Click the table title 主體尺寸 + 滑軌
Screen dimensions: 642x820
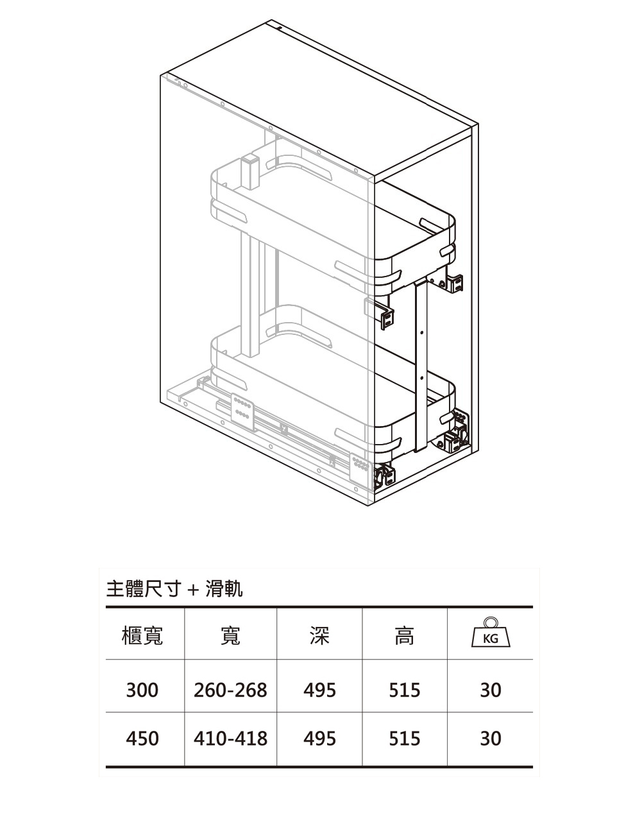174,588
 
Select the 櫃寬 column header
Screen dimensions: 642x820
142,635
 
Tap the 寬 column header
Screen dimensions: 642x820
230,635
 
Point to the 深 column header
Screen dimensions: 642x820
319,635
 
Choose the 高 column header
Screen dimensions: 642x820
404,635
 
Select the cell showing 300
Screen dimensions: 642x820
142,690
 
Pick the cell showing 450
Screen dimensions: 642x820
142,739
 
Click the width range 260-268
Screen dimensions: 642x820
230,690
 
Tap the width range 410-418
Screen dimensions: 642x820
230,739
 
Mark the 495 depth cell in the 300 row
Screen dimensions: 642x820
319,690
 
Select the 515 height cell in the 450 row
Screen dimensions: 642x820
405,739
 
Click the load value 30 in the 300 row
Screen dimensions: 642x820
491,690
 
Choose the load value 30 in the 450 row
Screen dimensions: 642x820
491,739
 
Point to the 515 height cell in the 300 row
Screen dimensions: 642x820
405,690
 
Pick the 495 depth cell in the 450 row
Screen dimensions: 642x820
319,739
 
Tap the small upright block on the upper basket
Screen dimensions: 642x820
249,171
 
